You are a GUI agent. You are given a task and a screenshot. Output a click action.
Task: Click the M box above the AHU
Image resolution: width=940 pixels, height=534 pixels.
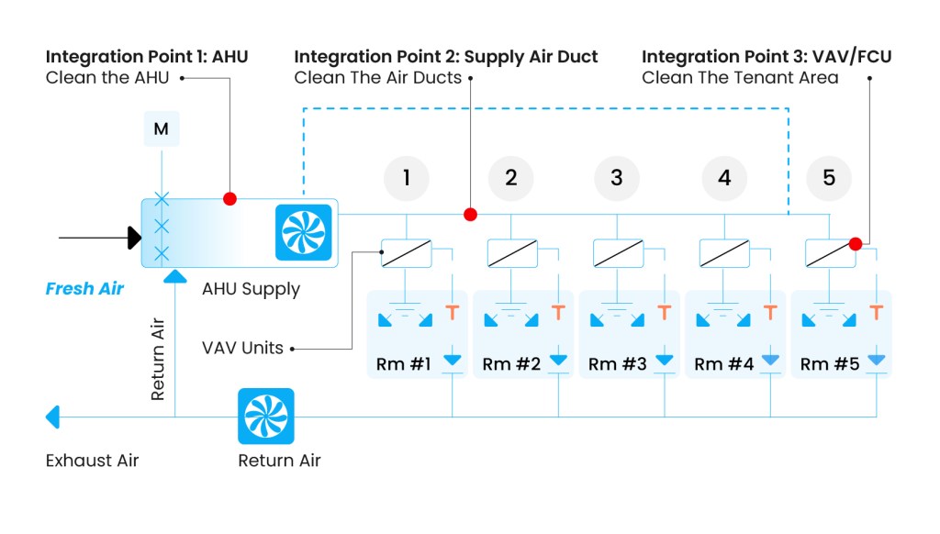(162, 129)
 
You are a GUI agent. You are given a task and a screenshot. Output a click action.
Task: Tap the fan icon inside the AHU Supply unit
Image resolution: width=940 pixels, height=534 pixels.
(303, 232)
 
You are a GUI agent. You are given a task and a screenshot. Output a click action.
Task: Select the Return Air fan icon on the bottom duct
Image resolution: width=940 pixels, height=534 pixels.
(266, 417)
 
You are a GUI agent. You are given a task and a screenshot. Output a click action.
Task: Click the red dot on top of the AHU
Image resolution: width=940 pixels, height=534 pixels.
(229, 198)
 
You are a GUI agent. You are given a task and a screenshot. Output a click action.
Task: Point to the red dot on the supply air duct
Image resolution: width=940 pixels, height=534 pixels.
(470, 215)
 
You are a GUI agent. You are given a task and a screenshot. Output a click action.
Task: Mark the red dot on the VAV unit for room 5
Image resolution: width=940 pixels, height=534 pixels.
(856, 244)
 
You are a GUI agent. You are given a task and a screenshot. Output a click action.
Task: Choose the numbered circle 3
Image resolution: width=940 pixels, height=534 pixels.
(617, 178)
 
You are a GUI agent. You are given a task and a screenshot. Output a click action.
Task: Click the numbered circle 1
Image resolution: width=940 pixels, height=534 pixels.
(407, 178)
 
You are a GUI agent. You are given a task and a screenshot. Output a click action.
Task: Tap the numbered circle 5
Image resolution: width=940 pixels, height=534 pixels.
(829, 178)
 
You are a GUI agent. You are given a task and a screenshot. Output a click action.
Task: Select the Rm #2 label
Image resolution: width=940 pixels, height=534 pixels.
(511, 364)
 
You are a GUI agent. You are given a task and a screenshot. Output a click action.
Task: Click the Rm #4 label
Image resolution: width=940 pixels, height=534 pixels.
(723, 364)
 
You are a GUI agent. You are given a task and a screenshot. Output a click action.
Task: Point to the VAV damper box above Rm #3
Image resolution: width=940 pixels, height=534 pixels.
(618, 252)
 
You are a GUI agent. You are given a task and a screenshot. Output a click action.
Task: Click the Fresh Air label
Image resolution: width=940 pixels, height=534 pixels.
(84, 289)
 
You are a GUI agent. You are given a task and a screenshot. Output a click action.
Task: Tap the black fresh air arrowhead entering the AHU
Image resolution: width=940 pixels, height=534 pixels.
(135, 238)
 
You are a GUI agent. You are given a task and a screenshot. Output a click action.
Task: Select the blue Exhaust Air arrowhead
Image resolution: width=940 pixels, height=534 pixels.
(53, 417)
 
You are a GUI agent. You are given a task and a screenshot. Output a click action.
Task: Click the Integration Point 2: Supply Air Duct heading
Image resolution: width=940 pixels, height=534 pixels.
(446, 57)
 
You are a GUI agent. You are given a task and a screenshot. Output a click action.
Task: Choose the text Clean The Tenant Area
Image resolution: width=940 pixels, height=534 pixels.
(740, 78)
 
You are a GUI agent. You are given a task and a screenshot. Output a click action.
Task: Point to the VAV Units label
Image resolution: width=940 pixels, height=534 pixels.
(243, 349)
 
